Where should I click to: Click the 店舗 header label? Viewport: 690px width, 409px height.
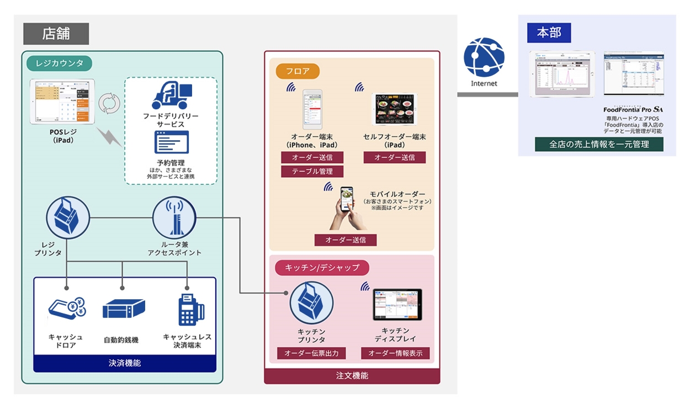pos(56,34)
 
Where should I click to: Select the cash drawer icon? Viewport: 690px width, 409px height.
pos(68,309)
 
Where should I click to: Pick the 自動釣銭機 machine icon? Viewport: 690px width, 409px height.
pos(123,309)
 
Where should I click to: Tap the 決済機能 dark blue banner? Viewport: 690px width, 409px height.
pos(124,363)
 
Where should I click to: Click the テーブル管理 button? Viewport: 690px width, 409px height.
pos(312,172)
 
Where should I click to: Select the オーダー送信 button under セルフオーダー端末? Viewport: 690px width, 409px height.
pos(394,157)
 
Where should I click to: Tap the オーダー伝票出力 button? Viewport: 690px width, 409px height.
pos(311,353)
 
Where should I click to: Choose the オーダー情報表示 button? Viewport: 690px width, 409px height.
pos(395,353)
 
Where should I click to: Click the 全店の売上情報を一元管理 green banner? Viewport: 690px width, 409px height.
pos(598,145)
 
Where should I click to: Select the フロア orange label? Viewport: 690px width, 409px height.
pos(298,71)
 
